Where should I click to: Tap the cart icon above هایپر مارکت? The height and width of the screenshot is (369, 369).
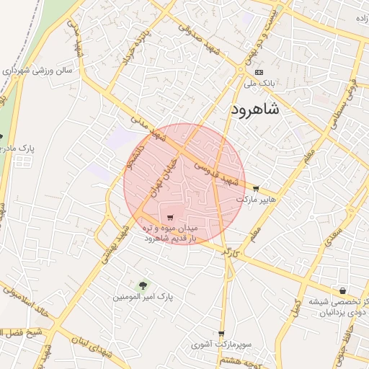[x=256, y=188]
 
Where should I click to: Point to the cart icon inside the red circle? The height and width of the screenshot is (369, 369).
[x=171, y=218]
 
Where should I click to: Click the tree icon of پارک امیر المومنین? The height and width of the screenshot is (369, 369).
[x=142, y=285]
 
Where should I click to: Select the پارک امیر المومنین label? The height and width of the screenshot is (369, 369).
[x=144, y=296]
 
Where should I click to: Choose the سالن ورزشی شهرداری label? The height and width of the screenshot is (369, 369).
[x=43, y=71]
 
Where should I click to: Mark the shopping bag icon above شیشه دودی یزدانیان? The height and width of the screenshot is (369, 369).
[x=342, y=290]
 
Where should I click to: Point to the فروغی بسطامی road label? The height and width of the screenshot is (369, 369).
[x=349, y=90]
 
